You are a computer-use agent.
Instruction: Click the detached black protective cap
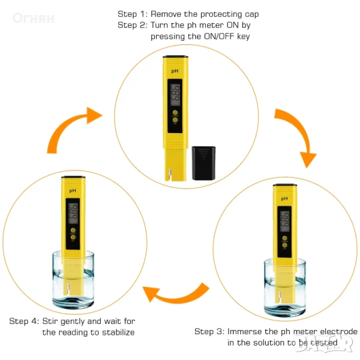203,163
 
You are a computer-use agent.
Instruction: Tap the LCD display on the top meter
175,95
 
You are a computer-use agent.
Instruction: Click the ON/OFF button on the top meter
175,113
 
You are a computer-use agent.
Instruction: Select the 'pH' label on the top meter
175,71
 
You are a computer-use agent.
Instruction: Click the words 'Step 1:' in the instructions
133,14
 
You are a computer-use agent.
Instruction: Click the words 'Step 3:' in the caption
209,331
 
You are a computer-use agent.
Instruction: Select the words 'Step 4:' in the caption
24,321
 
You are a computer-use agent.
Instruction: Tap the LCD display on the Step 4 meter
73,214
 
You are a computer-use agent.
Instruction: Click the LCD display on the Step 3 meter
284,221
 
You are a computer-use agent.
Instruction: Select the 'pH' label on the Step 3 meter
284,199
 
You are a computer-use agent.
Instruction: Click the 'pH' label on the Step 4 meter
73,191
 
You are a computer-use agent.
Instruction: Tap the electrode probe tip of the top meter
170,175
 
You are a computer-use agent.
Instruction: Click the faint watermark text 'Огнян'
34,18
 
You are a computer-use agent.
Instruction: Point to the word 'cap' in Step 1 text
252,14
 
